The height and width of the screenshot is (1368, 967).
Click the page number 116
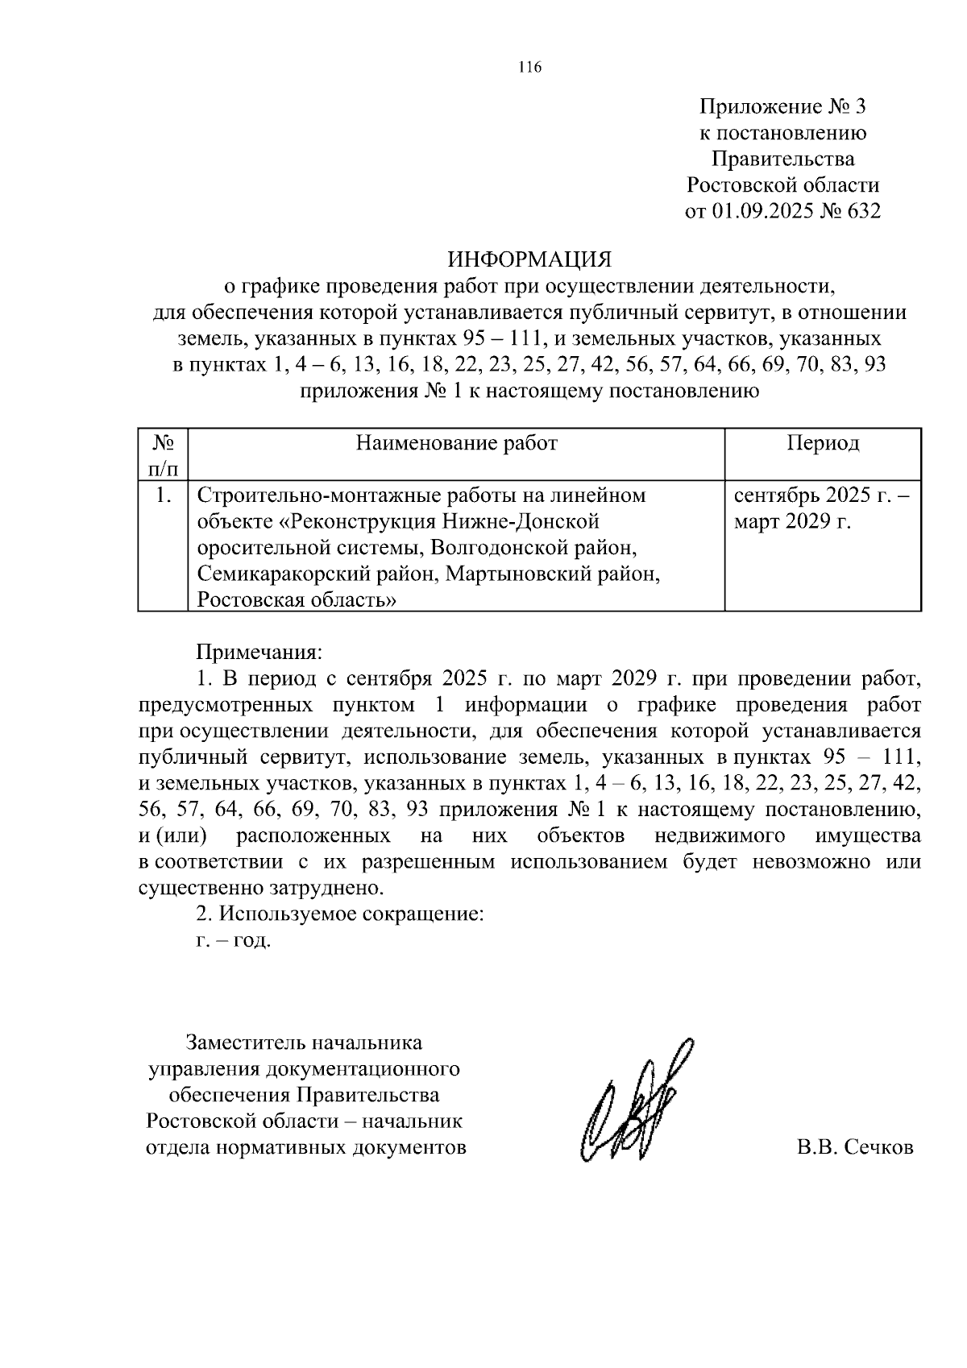pos(529,68)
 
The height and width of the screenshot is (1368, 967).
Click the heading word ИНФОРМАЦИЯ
pos(529,259)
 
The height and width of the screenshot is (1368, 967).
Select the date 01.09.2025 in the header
pos(764,212)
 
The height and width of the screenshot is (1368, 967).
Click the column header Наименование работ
pos(456,443)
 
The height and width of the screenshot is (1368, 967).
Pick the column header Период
pos(823,443)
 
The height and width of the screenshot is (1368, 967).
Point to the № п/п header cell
pos(164,455)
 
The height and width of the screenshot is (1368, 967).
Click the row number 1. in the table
pos(164,495)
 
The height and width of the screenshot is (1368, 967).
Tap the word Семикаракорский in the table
pos(280,574)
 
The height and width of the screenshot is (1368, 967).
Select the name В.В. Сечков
pos(855,1147)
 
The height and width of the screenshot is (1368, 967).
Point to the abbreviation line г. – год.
pos(234,940)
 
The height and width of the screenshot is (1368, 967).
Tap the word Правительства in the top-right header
pos(782,159)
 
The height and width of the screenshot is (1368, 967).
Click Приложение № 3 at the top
pos(782,106)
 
